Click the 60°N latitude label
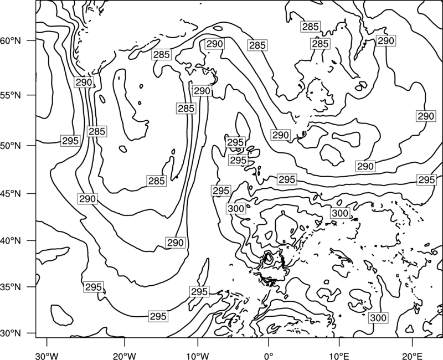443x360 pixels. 11,40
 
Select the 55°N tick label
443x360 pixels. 11,95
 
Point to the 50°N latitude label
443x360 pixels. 11,146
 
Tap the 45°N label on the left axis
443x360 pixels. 11,193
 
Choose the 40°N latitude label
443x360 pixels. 11,241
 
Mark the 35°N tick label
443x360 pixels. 11,287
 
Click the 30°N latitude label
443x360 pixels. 11,333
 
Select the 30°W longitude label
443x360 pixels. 47,356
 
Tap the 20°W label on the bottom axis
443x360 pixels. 124,356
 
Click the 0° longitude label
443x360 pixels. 268,356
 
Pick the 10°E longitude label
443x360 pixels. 339,356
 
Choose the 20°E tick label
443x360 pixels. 412,356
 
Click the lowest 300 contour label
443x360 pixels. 378,318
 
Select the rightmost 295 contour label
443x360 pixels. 426,179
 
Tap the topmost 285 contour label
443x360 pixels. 311,27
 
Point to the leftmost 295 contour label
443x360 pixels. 70,141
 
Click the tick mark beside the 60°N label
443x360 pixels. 32,40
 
